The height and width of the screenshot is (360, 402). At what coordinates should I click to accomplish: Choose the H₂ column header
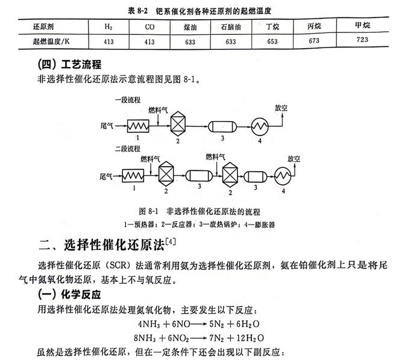(x=108, y=27)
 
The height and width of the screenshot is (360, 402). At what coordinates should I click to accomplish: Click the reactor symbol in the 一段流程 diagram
(x=178, y=125)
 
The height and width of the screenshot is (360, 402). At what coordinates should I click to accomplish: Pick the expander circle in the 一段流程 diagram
(x=259, y=126)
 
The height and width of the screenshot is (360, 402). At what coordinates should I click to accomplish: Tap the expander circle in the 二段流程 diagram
(x=283, y=176)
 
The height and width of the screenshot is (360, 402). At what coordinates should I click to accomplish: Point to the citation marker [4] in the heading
(x=171, y=241)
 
